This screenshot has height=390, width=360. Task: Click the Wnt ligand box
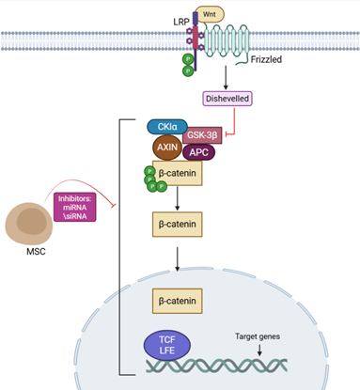[x=210, y=14]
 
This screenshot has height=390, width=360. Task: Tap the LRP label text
[x=181, y=22]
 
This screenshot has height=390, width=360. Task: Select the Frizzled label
[x=266, y=59]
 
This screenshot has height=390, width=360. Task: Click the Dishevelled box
[x=227, y=99]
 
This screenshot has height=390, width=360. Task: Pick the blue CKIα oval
[x=167, y=127]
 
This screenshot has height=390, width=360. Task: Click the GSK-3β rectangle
[x=202, y=135]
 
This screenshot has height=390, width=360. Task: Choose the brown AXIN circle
[x=167, y=148]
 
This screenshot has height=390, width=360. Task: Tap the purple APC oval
[x=198, y=152]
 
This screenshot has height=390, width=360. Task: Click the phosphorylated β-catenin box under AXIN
[x=178, y=173]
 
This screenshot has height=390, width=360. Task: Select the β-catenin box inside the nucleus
[x=178, y=301]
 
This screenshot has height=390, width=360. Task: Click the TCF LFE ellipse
[x=167, y=345]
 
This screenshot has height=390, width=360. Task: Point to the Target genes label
[x=258, y=336]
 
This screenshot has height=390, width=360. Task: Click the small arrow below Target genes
[x=259, y=350]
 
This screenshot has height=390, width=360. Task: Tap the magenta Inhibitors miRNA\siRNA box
[x=75, y=207]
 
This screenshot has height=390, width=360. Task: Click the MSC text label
[x=36, y=252]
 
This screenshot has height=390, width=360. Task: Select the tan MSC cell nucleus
[x=32, y=222]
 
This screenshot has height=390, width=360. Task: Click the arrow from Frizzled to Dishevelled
[x=226, y=77]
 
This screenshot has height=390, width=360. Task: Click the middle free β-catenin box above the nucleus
[x=178, y=225]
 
